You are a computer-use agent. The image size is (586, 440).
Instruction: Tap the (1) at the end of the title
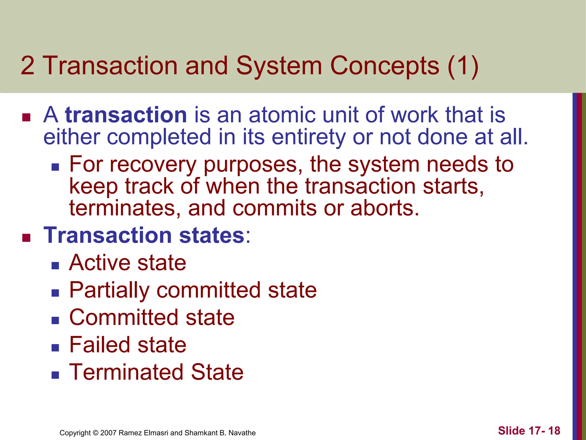click(x=463, y=66)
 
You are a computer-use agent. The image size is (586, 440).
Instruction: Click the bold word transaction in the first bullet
click(x=126, y=115)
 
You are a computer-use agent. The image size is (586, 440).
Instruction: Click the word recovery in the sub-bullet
click(x=153, y=165)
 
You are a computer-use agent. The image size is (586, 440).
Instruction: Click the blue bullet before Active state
click(x=55, y=266)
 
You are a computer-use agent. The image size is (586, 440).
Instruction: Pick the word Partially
click(x=109, y=290)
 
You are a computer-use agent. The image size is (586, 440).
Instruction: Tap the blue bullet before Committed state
click(x=55, y=320)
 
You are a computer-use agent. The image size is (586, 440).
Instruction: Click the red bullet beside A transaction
click(x=26, y=117)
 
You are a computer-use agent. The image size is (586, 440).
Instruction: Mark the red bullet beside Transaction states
click(x=26, y=238)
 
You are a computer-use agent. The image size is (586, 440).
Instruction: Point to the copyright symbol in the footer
click(x=96, y=433)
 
